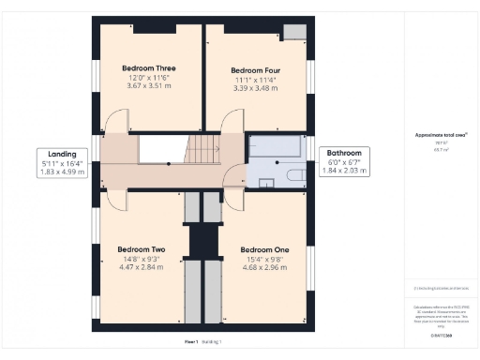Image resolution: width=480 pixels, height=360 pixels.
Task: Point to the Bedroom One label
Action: (x=264, y=249)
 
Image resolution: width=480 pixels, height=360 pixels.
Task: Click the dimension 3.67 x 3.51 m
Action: (x=148, y=86)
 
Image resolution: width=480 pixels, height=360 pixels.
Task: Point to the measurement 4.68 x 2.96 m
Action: (x=264, y=267)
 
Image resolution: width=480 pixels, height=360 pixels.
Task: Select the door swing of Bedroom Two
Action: (x=116, y=200)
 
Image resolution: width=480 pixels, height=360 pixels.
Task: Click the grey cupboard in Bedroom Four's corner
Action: (x=295, y=32)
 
